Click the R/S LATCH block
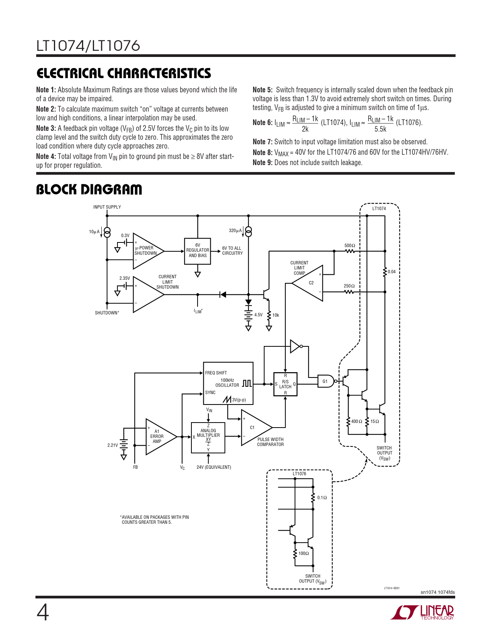coord(285,384)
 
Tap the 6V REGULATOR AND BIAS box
coord(198,251)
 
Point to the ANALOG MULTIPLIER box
coord(208,438)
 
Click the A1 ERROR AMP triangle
coord(161,437)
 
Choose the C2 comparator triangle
coord(307,283)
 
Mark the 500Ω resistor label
coord(350,246)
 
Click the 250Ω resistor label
coord(349,286)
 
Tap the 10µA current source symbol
coord(107,232)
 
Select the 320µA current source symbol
coord(248,231)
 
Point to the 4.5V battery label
coord(258,315)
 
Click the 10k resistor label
coord(275,315)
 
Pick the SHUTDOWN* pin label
coord(107,312)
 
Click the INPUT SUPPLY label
coord(107,207)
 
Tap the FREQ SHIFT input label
coord(216,373)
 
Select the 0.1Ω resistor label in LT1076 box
coord(322,497)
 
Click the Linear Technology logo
coord(422,612)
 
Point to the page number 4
coord(43,613)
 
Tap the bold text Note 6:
coord(262,122)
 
